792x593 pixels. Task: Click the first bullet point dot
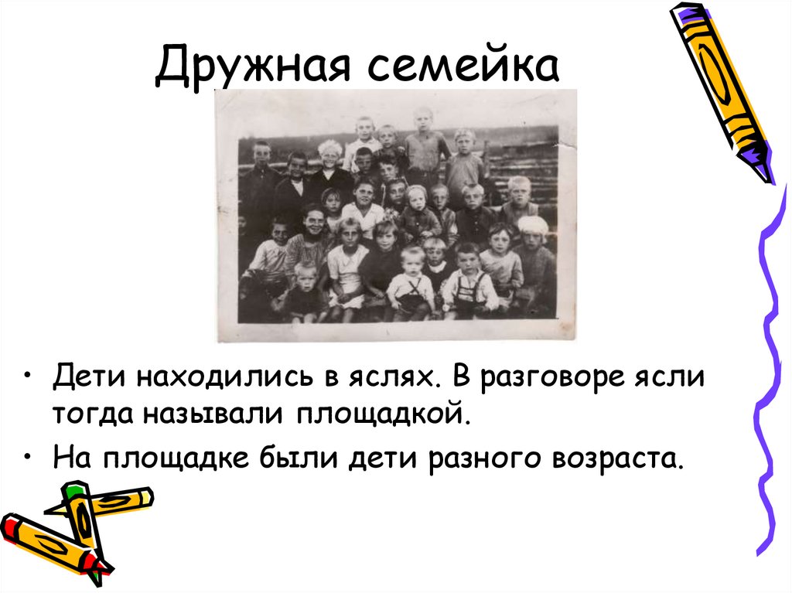pyautogui.click(x=29, y=377)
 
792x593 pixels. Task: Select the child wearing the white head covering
pyautogui.click(x=533, y=227)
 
